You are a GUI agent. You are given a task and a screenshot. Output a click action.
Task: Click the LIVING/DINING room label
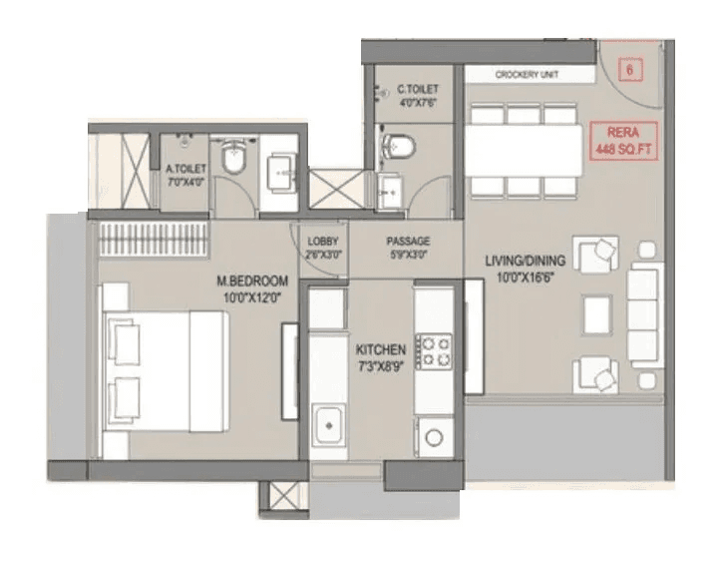click(526, 269)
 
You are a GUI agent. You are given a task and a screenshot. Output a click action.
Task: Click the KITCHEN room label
click(380, 356)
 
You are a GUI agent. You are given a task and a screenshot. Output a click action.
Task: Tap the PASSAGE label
click(409, 247)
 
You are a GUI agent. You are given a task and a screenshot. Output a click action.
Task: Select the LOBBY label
click(324, 247)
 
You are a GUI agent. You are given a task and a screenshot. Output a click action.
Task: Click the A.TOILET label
click(185, 177)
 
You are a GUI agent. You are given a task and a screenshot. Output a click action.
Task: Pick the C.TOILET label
click(416, 97)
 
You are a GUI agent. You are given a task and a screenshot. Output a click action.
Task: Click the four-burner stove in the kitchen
click(433, 350)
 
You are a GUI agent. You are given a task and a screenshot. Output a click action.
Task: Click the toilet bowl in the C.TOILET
click(399, 148)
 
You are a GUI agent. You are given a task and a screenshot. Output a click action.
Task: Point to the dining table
click(525, 146)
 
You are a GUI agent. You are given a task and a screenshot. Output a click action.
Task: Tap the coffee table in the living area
click(596, 313)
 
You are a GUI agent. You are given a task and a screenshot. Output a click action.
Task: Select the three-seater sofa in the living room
click(643, 314)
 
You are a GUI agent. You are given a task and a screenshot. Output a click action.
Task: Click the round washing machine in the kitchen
click(432, 436)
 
